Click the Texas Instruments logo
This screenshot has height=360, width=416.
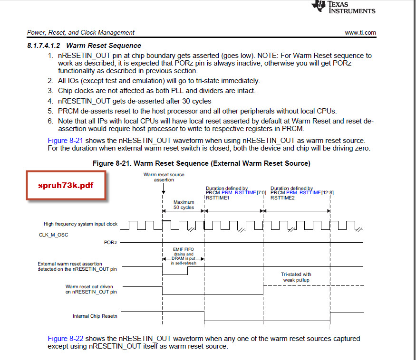point(343,7)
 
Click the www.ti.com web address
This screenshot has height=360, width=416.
point(360,33)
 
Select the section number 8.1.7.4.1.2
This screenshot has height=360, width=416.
point(44,46)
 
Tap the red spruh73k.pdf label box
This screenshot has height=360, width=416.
point(66,185)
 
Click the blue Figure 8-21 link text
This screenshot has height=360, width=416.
point(65,141)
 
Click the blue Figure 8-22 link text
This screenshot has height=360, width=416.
point(65,339)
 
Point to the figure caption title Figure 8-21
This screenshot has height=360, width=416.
point(201,163)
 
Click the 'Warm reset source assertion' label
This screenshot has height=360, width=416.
point(164,178)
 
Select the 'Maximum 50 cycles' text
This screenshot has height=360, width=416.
point(184,205)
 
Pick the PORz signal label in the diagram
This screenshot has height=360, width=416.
point(111,242)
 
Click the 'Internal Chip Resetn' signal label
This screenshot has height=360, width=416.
point(95,316)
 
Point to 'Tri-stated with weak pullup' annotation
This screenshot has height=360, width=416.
point(296,277)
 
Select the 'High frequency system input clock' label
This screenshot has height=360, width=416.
point(80,224)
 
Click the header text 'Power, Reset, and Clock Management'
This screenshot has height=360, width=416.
point(81,33)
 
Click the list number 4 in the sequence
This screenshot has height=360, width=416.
point(50,101)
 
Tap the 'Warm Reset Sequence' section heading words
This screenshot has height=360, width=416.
point(103,46)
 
